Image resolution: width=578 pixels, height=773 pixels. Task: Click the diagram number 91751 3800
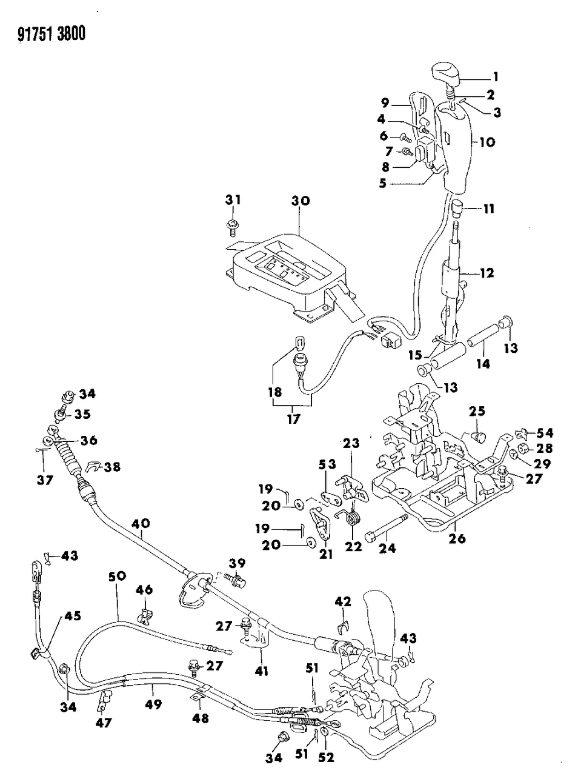coord(45,35)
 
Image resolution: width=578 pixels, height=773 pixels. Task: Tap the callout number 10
coord(487,142)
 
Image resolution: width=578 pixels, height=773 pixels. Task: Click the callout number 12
coord(487,273)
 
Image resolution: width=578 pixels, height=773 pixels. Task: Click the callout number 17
coord(293,419)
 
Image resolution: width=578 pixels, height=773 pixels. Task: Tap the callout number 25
coord(477,412)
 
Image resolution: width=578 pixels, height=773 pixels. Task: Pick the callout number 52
coord(327,757)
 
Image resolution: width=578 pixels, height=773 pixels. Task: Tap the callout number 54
coord(545,432)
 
